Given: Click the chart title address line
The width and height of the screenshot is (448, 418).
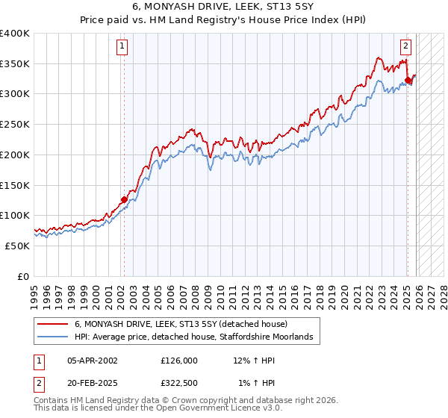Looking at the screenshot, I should point(224,6).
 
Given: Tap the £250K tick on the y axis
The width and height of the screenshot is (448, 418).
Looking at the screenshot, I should point(15,124).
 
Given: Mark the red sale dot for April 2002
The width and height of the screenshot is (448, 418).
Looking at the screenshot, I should point(124,199).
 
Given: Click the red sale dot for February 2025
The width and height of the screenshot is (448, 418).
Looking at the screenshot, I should point(408,80).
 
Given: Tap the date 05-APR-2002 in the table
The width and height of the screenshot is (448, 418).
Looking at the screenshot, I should point(93,361).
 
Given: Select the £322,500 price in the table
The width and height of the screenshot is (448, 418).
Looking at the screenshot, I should point(179,384).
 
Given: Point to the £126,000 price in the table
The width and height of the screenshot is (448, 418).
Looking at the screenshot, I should point(179,361).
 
